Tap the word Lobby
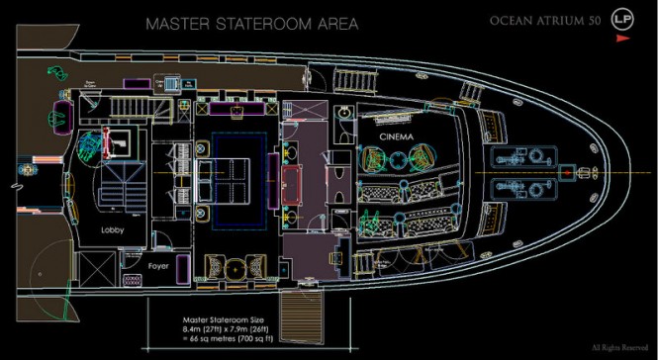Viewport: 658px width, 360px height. coord(111,230)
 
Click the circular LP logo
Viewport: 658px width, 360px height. coord(621,19)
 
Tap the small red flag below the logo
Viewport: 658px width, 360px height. coord(622,39)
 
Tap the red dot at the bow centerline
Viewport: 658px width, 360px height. coord(566,172)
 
